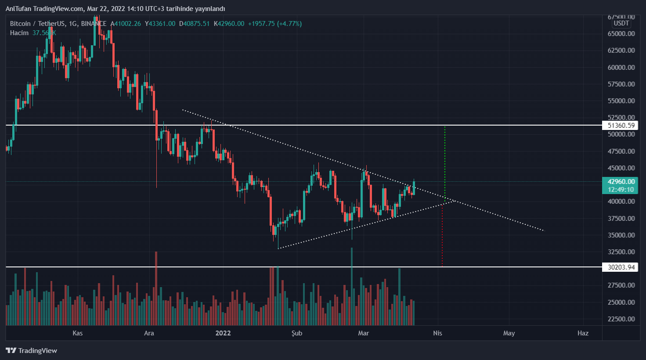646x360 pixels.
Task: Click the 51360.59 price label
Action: (x=621, y=126)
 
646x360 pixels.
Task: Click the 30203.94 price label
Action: (x=621, y=267)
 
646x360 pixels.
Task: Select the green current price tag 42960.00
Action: (x=621, y=182)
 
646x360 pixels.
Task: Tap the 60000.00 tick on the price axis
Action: (x=621, y=67)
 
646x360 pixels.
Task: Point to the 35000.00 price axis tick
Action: (x=621, y=235)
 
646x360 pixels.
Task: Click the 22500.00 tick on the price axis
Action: (x=621, y=319)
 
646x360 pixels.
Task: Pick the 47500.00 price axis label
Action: (x=621, y=151)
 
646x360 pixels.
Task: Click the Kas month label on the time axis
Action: (x=78, y=333)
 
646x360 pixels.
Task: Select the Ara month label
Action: (x=149, y=333)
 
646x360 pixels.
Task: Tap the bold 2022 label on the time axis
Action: (x=223, y=333)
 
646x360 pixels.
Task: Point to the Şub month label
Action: (x=297, y=333)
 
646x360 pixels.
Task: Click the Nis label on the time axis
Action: (x=437, y=333)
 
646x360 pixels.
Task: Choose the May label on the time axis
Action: (x=509, y=333)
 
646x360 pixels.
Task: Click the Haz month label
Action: (x=583, y=333)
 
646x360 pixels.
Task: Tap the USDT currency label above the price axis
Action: (x=621, y=23)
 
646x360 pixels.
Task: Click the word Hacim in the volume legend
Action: (x=19, y=33)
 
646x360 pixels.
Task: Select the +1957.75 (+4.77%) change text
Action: (x=274, y=24)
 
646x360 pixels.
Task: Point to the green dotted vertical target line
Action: (x=445, y=162)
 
